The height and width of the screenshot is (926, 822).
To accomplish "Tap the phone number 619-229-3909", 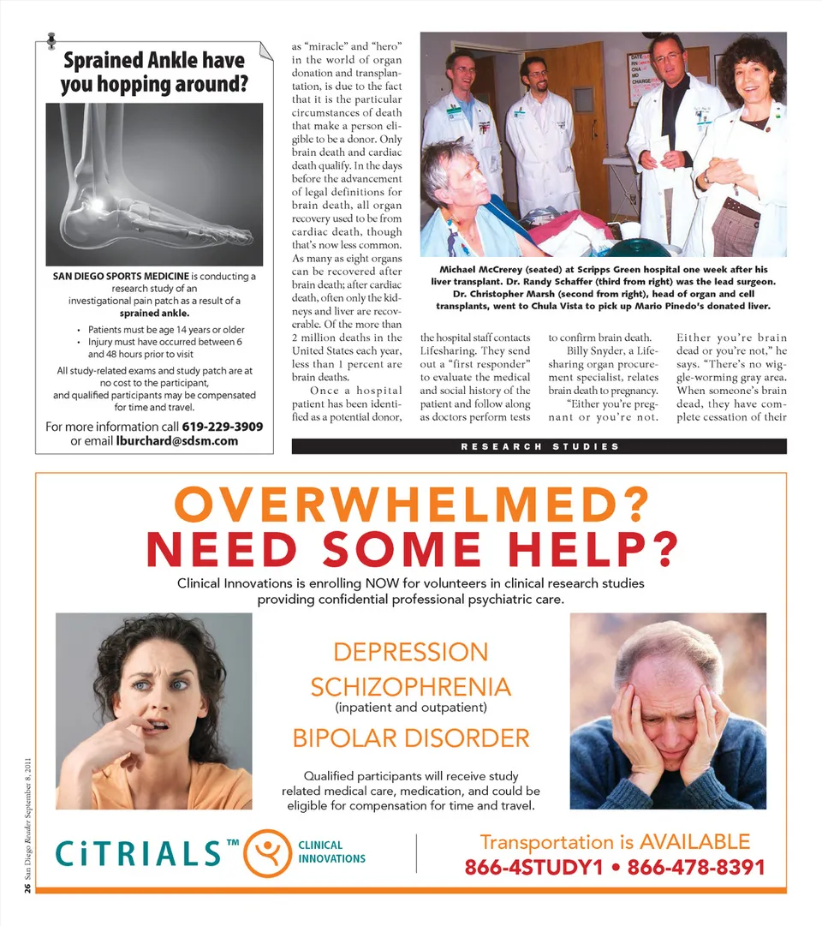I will click(222, 427).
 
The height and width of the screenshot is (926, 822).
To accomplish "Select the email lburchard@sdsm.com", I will click(177, 441).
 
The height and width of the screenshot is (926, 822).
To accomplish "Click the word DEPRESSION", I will click(410, 652).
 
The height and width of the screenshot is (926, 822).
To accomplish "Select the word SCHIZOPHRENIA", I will click(410, 687).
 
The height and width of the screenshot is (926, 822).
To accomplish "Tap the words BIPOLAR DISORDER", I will click(410, 738).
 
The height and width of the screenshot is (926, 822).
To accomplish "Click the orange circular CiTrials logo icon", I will click(268, 852).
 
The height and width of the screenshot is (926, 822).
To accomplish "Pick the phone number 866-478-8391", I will click(695, 867).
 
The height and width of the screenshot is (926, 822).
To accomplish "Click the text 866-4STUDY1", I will click(540, 867).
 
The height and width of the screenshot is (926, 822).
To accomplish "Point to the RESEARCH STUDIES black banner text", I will click(539, 446).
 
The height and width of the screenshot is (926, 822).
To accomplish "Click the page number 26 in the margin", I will click(27, 888).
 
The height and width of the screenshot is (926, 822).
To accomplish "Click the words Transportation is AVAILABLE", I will click(614, 842).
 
